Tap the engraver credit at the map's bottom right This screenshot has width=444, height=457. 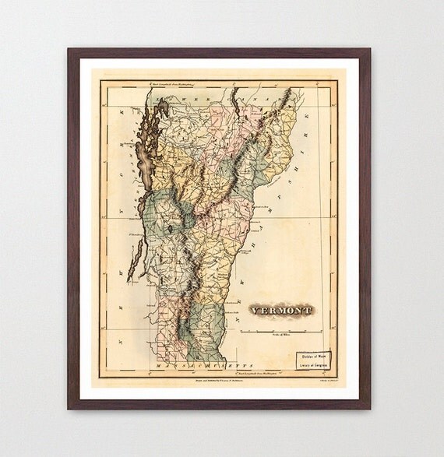coord(322,381)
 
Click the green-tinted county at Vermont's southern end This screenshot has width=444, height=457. coord(204,343)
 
